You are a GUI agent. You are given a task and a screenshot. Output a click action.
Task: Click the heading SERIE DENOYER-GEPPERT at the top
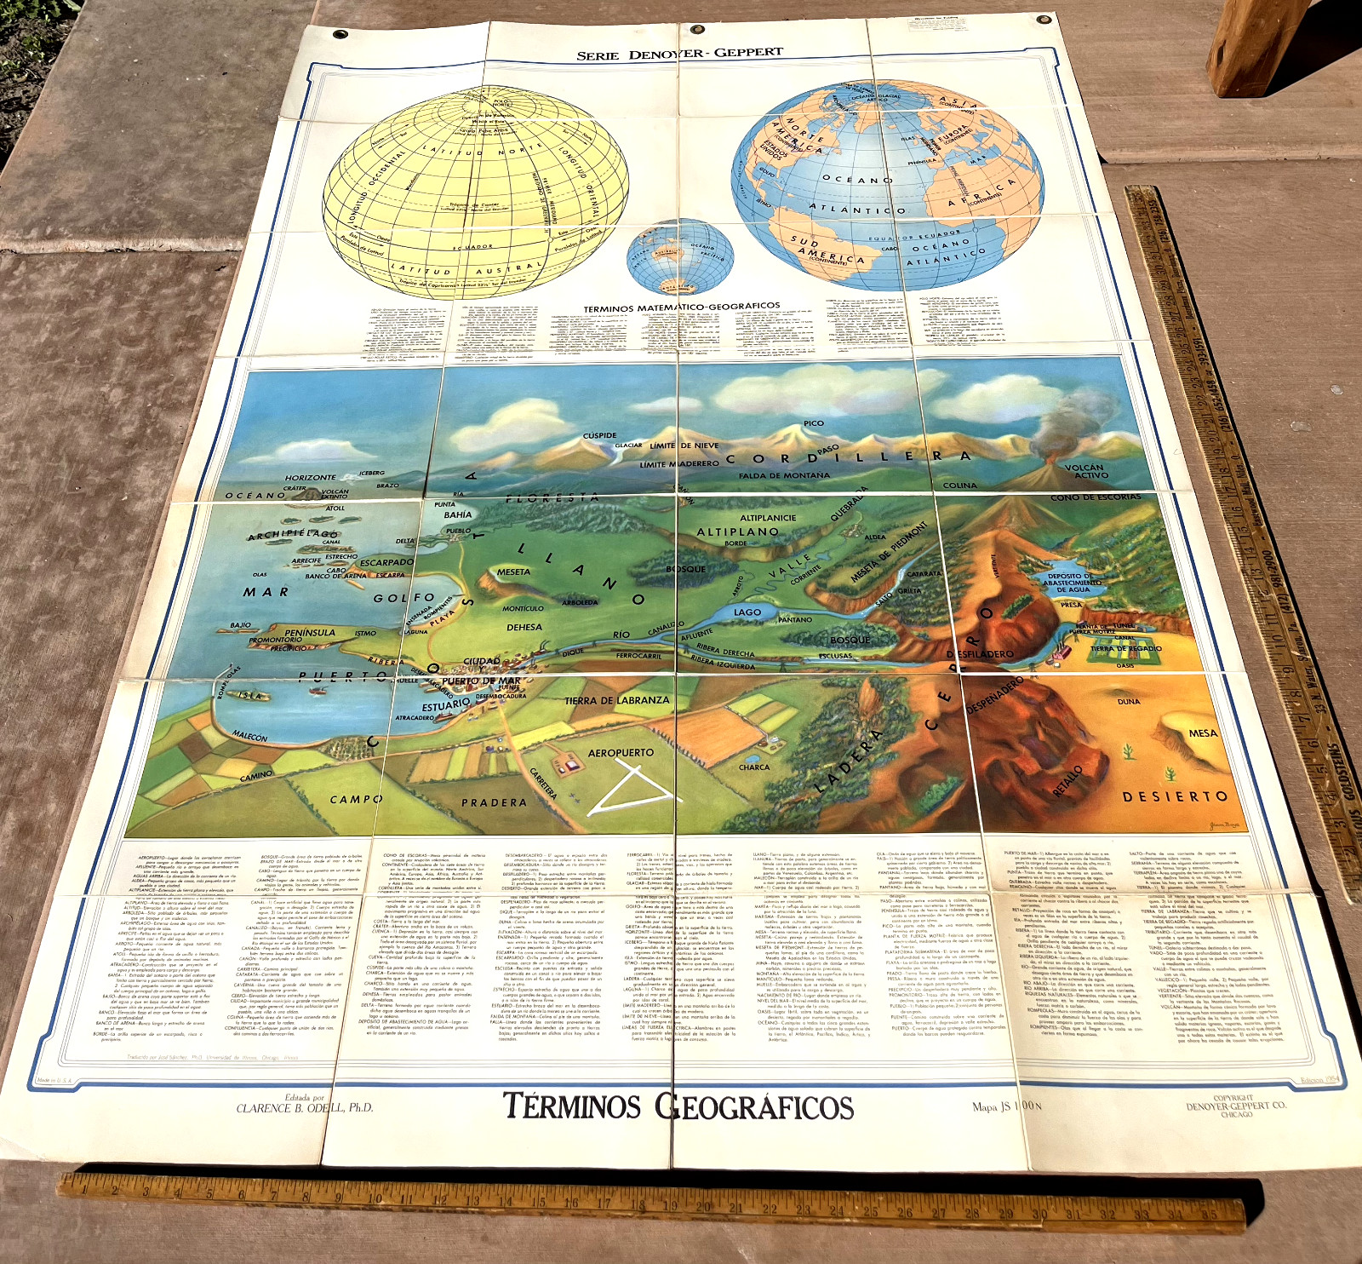pos(679,54)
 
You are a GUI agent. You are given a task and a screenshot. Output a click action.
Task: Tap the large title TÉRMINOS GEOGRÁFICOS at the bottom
pos(678,1106)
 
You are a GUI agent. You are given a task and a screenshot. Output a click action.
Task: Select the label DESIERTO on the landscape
pos(1175,797)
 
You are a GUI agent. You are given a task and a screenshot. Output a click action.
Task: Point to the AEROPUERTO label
pos(621,753)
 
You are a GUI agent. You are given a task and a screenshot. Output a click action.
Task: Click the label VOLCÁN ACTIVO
pos(1084,471)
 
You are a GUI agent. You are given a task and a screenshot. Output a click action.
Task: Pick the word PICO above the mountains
pos(813,423)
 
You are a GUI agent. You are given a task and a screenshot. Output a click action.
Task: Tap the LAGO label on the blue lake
pos(747,612)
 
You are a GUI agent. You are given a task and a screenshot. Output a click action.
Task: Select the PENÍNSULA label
pos(310,633)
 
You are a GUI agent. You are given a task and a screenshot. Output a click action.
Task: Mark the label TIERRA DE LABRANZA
pos(616,700)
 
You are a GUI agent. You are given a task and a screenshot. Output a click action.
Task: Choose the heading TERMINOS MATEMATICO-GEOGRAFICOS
pos(681,306)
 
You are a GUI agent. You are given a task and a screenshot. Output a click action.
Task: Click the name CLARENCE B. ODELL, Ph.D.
pos(304,1108)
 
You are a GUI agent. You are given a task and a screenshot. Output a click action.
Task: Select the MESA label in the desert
pos(1203,733)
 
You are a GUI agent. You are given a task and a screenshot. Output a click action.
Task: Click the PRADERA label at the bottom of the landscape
pos(494,802)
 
